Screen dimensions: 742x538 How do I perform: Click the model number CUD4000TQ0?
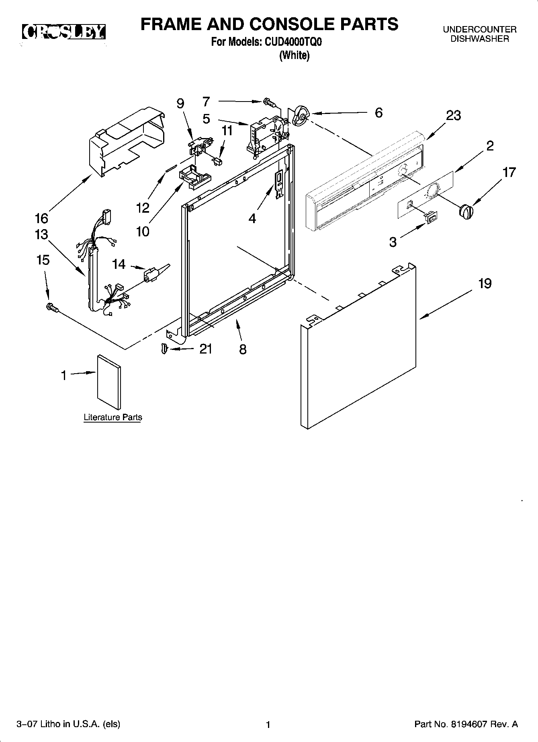click(293, 42)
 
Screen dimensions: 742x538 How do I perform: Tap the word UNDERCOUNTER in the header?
click(479, 30)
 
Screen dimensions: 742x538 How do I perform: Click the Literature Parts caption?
click(113, 417)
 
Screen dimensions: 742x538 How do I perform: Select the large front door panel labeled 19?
click(358, 353)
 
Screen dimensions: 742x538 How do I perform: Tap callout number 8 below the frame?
click(243, 349)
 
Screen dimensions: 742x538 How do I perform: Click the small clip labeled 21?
click(164, 349)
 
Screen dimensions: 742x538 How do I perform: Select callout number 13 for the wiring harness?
click(41, 234)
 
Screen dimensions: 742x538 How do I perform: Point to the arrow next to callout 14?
click(137, 267)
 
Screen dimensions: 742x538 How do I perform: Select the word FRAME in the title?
click(171, 24)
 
